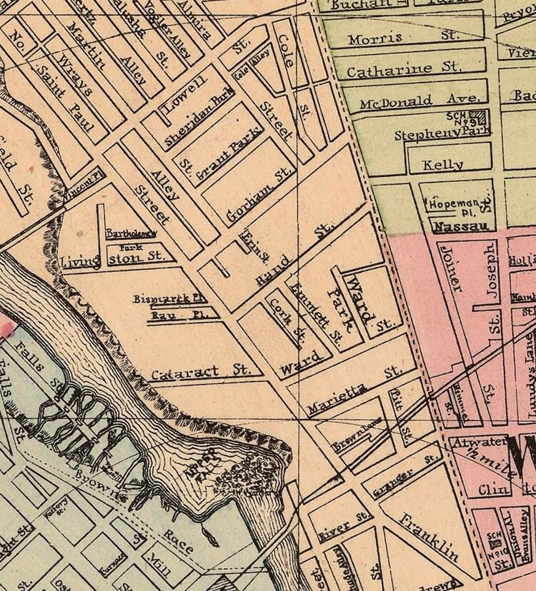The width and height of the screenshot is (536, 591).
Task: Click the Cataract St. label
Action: [x=199, y=372]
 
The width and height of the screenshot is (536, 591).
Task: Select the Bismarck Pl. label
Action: [x=169, y=299]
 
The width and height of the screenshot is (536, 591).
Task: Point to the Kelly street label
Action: [x=443, y=164]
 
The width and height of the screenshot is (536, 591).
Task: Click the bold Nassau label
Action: [x=458, y=226]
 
